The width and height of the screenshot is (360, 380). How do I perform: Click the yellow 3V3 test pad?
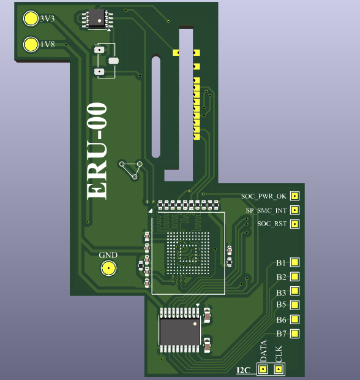tap(31, 18)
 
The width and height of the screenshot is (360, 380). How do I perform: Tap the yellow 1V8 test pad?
tap(31, 44)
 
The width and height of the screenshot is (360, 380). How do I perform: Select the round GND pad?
tap(108, 268)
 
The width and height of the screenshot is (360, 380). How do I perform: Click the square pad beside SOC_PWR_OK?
tap(294, 196)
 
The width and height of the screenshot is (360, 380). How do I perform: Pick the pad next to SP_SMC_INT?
tap(294, 210)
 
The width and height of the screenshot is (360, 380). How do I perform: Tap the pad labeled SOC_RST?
tap(294, 224)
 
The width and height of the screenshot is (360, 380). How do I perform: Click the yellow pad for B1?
tap(294, 262)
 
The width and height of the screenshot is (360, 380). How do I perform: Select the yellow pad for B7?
tap(294, 333)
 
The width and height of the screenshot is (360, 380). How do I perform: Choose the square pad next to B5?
tap(294, 305)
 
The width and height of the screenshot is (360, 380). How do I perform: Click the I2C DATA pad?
tap(263, 370)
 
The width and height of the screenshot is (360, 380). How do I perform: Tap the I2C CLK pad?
tap(279, 370)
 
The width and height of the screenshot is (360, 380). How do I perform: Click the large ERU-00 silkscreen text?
tap(97, 151)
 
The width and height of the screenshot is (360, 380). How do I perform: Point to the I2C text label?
tap(243, 370)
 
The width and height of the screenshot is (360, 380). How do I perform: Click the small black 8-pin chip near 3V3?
tap(97, 18)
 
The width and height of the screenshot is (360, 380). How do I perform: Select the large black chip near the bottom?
tap(180, 330)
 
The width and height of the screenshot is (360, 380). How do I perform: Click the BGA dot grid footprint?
tap(188, 253)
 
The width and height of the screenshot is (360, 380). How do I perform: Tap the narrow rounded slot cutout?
tap(156, 107)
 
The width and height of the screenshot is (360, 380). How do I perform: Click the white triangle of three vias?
tap(132, 170)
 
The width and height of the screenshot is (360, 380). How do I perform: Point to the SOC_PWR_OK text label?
tap(264, 196)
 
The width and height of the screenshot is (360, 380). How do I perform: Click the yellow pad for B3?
tap(294, 291)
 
